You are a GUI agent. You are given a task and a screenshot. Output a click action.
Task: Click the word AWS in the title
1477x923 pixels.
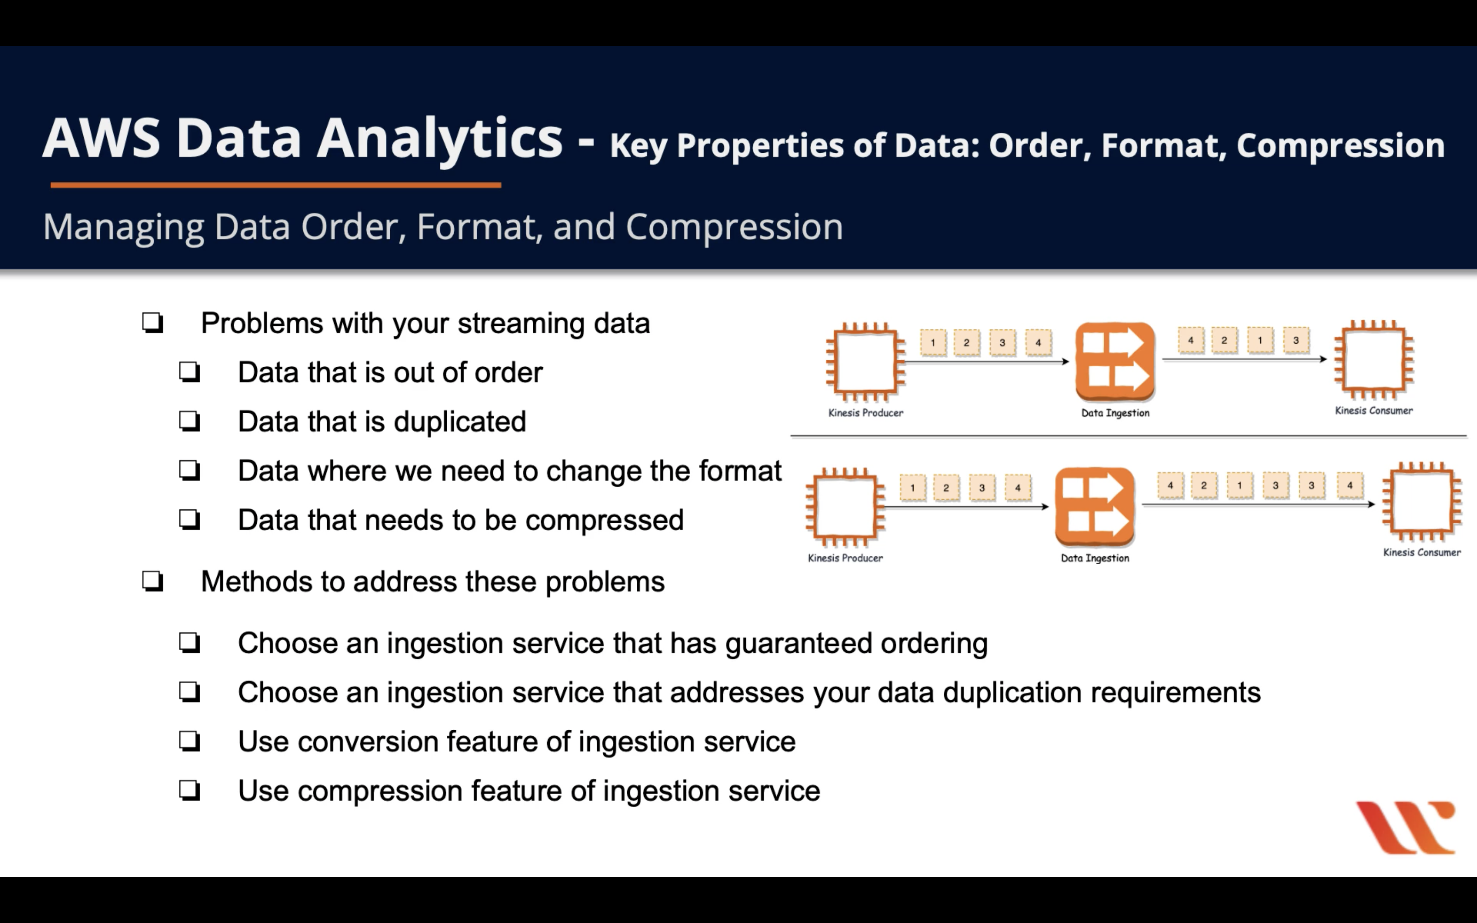pos(102,138)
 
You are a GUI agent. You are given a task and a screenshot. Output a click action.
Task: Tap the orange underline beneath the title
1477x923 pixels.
pos(276,185)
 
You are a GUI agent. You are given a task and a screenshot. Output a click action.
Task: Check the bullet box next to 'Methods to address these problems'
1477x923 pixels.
pos(152,581)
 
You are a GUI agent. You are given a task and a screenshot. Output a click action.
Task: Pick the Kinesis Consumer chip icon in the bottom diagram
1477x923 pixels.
pos(1421,502)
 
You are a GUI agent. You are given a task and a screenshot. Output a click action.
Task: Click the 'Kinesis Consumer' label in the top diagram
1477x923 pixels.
pos(1374,411)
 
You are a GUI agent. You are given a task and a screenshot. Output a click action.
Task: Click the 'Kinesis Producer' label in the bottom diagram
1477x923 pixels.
pos(845,558)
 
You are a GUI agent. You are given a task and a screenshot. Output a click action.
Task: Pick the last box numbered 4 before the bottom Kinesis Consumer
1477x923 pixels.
pos(1349,486)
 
